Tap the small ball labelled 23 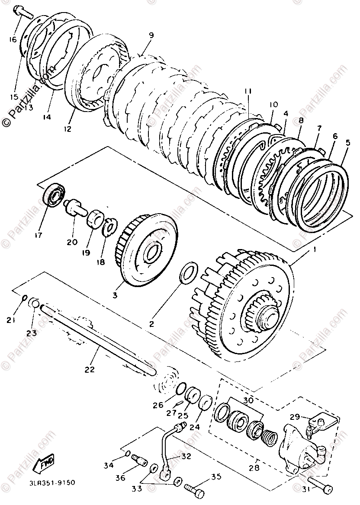(35, 303)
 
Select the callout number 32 (186, 456)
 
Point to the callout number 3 (116, 295)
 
